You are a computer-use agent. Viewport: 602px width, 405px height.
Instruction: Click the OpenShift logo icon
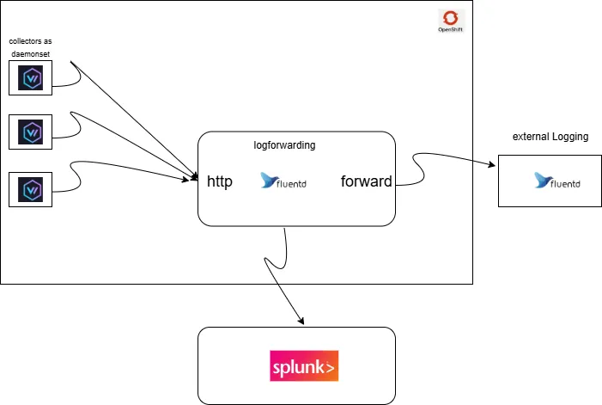(450, 18)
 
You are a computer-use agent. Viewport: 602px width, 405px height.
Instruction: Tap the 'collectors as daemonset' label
(30, 48)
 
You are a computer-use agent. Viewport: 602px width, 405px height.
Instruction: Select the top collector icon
(32, 79)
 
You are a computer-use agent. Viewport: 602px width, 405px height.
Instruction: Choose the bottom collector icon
(32, 189)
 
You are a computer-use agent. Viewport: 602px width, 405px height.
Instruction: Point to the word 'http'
(220, 181)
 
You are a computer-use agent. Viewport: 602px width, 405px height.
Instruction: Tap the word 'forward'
(366, 181)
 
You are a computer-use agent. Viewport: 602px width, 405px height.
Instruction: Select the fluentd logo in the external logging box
(555, 181)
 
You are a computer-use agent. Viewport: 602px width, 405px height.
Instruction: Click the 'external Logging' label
(550, 137)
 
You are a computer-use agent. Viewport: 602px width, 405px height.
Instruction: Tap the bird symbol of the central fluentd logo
(269, 181)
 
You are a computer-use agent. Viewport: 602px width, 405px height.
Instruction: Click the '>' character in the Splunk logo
(331, 367)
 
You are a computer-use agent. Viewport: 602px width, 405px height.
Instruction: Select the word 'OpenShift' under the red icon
(450, 30)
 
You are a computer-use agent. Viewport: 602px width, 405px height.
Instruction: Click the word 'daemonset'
(30, 54)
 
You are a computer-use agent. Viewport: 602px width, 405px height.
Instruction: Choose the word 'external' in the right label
(531, 137)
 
